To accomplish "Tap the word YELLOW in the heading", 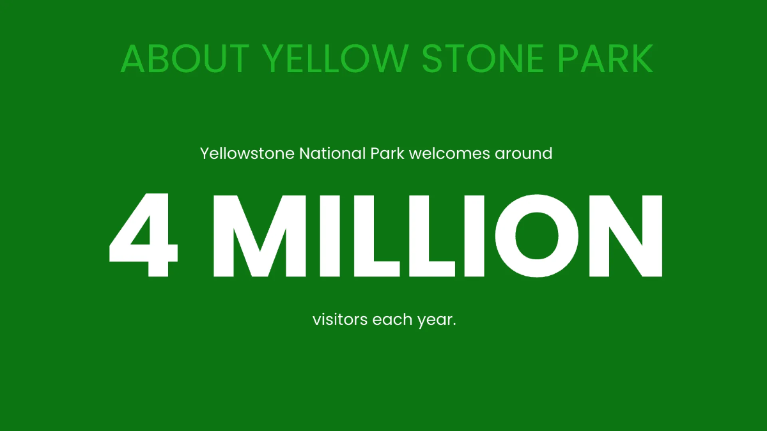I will click(x=335, y=59).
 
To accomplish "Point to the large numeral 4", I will click(x=143, y=236).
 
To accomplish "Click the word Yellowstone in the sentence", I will click(x=247, y=154).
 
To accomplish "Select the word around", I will click(x=523, y=154).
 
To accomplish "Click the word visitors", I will click(x=339, y=319).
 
